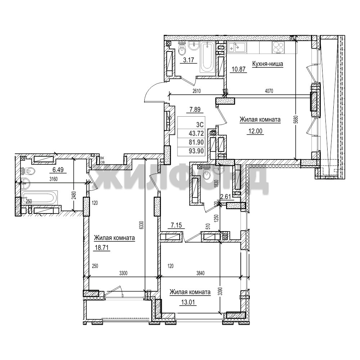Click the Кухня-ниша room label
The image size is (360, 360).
tap(267, 64)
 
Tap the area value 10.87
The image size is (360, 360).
tap(239, 69)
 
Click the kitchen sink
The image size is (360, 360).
tap(237, 48)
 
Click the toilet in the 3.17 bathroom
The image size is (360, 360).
tap(182, 48)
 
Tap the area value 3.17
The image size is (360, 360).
tap(189, 60)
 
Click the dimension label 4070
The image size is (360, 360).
tap(269, 91)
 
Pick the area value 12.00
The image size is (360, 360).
tap(255, 131)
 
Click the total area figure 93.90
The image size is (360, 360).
tap(196, 151)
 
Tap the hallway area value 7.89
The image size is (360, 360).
tap(195, 109)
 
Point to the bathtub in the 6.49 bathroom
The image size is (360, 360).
tap(38, 198)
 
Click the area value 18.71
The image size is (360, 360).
tap(101, 248)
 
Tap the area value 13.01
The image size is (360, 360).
tap(188, 302)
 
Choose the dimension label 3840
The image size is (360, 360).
tap(201, 273)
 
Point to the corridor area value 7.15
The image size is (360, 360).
tap(176, 225)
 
